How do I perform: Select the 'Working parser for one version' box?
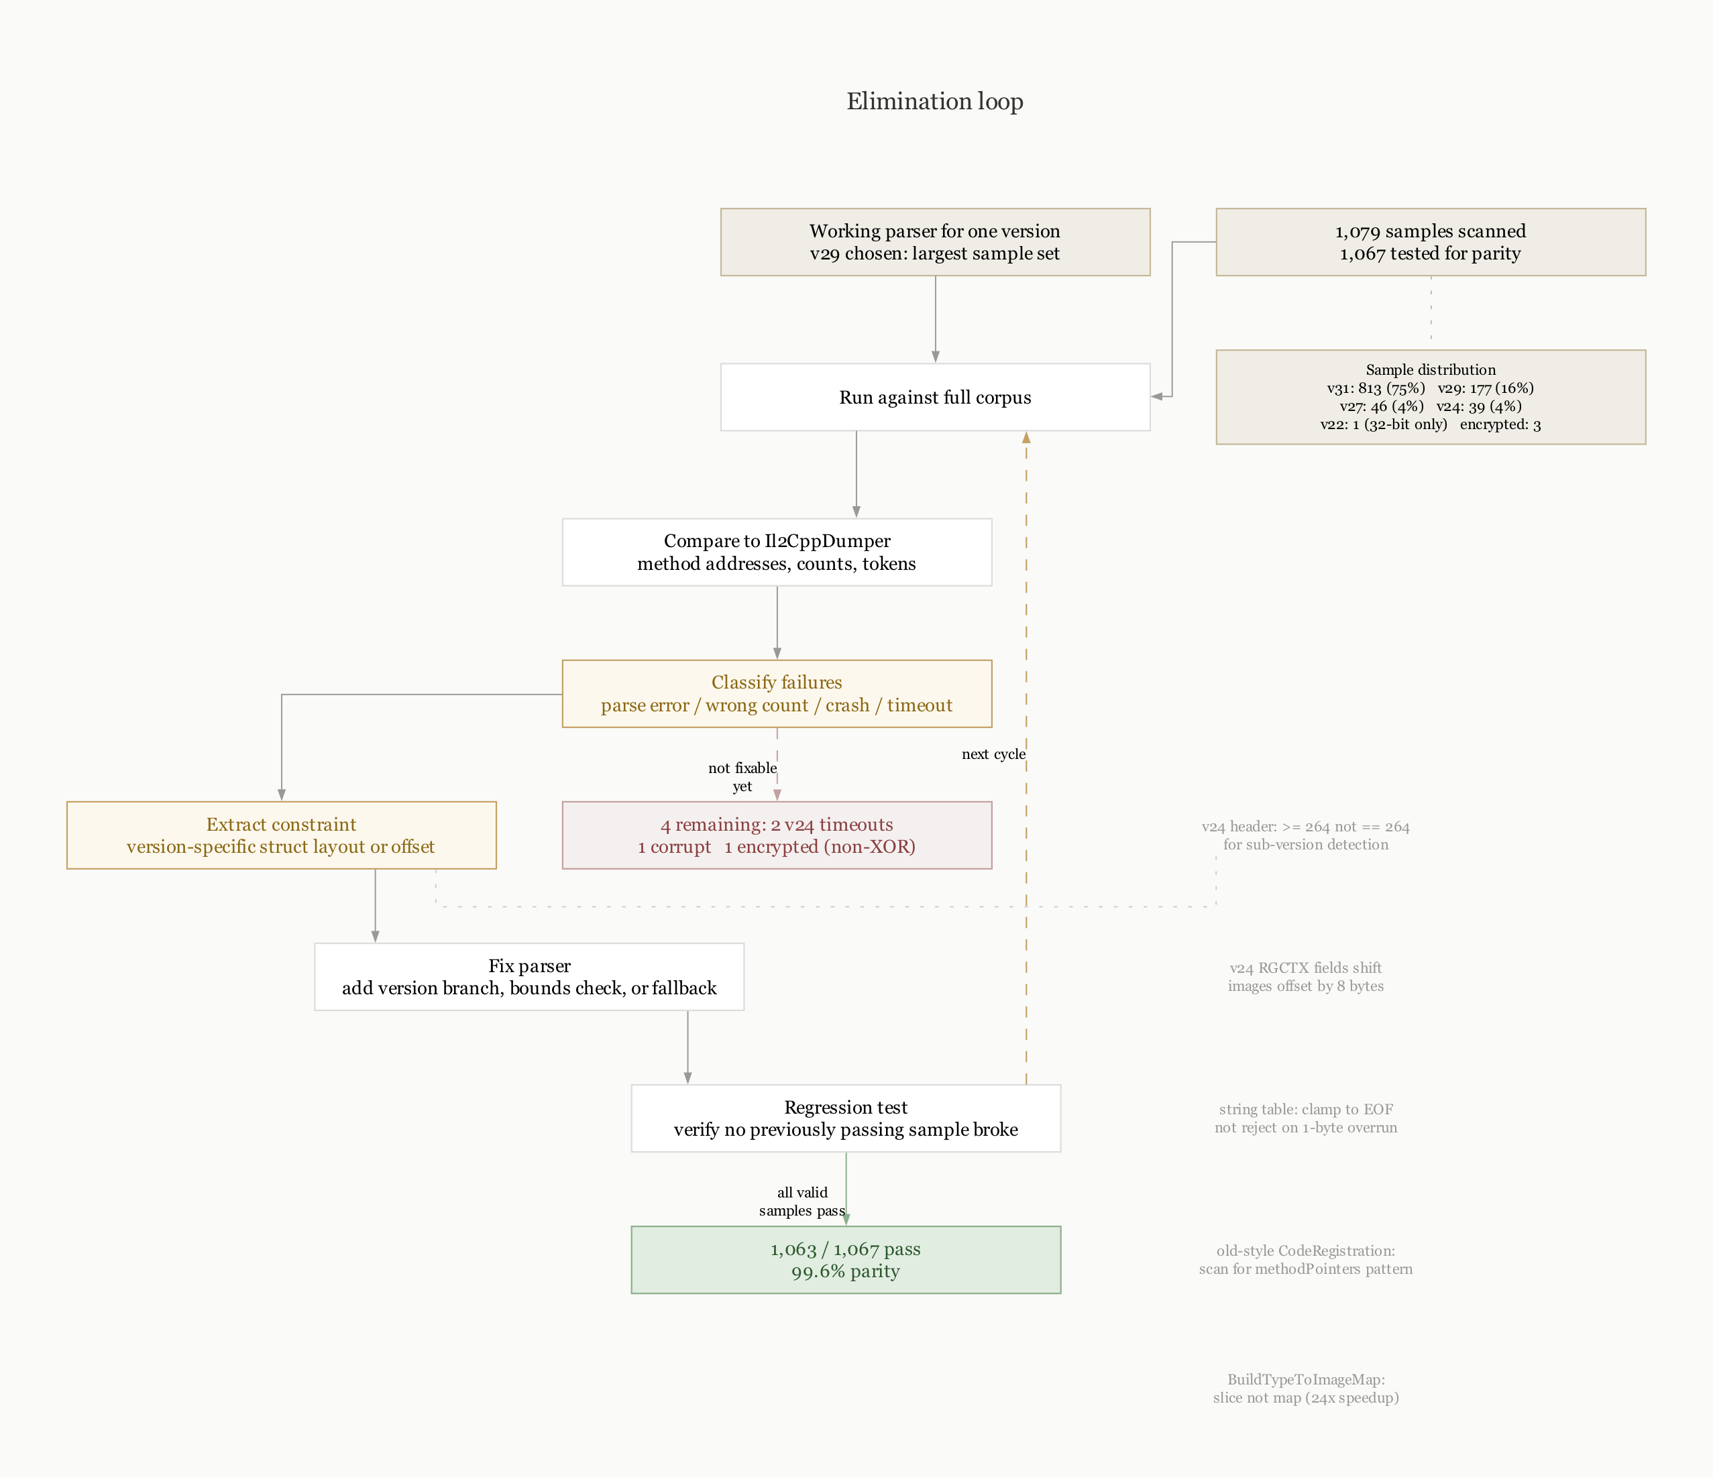(934, 241)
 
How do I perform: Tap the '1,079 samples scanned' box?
(1430, 241)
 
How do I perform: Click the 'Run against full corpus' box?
(934, 397)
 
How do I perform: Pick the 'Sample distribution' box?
(1430, 397)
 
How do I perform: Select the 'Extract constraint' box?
(281, 835)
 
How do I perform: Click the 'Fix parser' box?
(529, 976)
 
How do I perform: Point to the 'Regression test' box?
(845, 1118)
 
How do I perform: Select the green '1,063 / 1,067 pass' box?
(845, 1260)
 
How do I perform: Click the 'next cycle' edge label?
(993, 754)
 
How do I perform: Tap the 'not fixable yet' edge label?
(742, 777)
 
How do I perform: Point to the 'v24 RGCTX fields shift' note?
(1305, 976)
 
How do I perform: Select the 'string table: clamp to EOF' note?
(1305, 1118)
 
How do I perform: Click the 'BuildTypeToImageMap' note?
(1305, 1389)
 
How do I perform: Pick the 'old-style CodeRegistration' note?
(1305, 1260)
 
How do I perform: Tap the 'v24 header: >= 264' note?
(1305, 835)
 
